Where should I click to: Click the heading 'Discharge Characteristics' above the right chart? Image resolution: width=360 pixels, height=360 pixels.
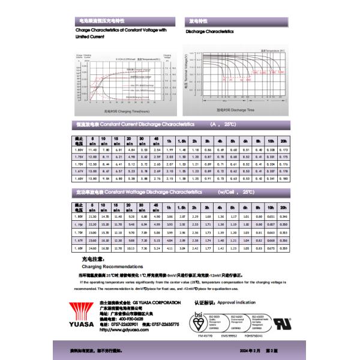tap(209, 31)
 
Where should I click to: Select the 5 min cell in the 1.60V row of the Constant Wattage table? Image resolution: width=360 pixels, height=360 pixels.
tap(92, 247)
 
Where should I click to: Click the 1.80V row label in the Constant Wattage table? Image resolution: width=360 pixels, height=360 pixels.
tap(78, 216)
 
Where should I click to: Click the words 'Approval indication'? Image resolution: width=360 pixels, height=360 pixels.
tap(235, 303)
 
